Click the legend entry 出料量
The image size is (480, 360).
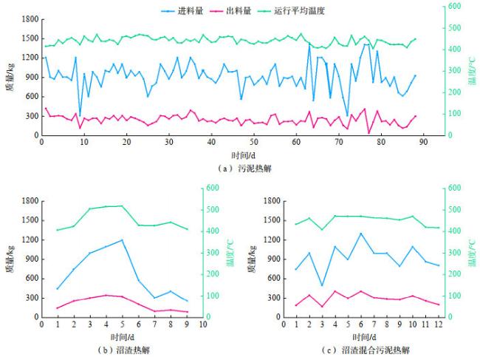pos(244,11)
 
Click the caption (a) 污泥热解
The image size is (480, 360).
pos(241,169)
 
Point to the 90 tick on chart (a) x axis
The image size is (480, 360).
pos(424,143)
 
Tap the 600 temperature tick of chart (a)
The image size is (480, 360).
pos(456,6)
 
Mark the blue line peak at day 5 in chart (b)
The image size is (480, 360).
pos(121,240)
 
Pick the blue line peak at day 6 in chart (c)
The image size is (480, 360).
pos(361,234)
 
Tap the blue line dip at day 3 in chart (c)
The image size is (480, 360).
pos(322,285)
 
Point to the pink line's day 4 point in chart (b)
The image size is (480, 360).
pos(106,295)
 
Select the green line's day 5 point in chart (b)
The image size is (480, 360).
pos(121,206)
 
